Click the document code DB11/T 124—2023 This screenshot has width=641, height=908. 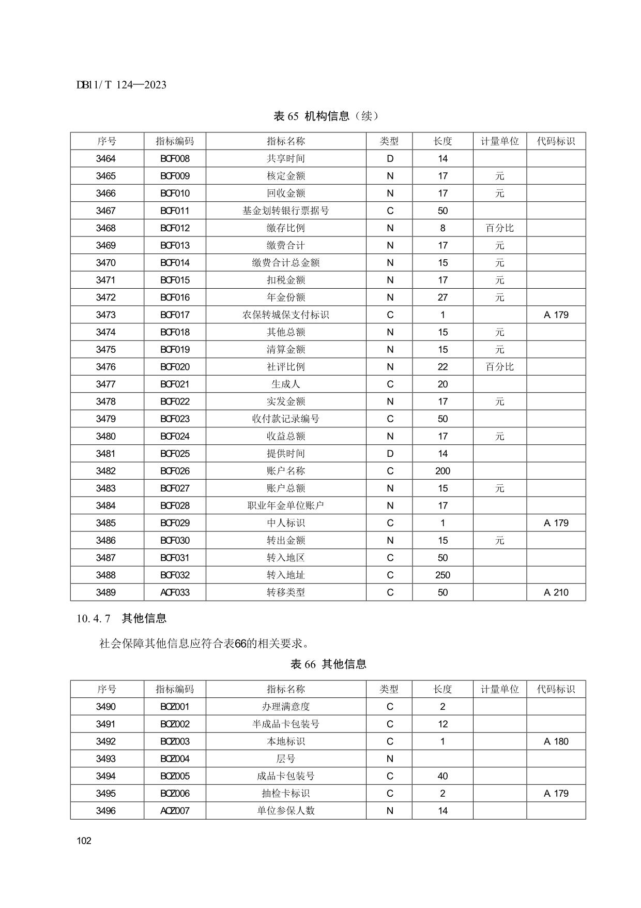pos(121,85)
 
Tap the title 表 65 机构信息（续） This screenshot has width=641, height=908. pos(326,116)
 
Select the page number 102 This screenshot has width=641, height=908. pos(84,841)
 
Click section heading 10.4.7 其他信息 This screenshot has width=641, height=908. pos(121,618)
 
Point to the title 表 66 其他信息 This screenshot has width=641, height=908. pos(328,664)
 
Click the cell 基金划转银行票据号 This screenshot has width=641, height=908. pos(285,211)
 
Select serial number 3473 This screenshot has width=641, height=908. pos(106,315)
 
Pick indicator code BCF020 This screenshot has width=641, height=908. pos(175,367)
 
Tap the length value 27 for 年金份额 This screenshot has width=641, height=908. pos(442,297)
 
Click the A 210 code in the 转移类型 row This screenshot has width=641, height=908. pos(556,592)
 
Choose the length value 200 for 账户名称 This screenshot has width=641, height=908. pos(442,471)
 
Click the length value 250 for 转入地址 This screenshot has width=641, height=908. pos(442,575)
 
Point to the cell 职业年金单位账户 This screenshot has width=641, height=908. pos(285,505)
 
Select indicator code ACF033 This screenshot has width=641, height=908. pos(175,592)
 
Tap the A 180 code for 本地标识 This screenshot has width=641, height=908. pos(556,741)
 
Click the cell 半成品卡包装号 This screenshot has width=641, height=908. pos(285,724)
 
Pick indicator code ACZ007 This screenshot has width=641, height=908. pos(175,811)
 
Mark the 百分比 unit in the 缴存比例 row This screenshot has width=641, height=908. pos(499,228)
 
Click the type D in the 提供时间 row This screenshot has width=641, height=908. pos(390,454)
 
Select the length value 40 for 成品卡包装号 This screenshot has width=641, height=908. pos(442,776)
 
